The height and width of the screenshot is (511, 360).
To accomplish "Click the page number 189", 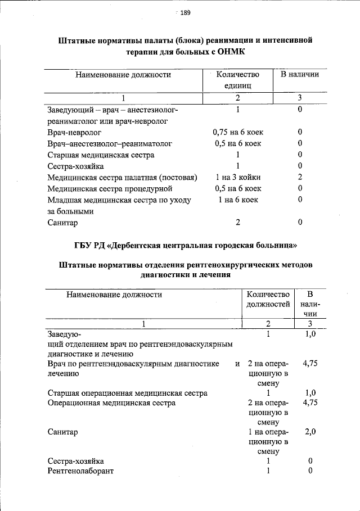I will [x=186, y=14].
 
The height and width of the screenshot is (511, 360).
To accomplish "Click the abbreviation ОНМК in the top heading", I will [x=231, y=51].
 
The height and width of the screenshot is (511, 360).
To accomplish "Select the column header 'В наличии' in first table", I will [x=300, y=74].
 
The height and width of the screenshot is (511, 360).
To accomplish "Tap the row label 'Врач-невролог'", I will [x=74, y=132].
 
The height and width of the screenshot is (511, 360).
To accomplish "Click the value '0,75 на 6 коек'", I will [x=238, y=132].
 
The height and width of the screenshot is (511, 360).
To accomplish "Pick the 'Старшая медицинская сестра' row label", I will [x=101, y=155].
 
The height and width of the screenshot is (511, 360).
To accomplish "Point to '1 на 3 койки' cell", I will [x=238, y=177].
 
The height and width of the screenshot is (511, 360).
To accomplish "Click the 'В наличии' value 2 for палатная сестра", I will [x=300, y=177].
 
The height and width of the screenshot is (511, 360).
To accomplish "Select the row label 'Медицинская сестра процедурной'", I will [x=110, y=188].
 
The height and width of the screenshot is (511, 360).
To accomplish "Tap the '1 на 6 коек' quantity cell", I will [x=238, y=200].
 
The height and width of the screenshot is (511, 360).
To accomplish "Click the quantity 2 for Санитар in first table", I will [x=238, y=222].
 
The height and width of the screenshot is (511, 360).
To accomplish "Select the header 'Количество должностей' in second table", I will [x=268, y=299].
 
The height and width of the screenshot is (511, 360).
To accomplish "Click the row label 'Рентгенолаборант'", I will [x=81, y=471].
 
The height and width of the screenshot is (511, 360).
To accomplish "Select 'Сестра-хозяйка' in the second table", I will [x=76, y=461].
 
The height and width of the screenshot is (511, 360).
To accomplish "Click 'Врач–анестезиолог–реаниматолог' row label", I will [x=110, y=143].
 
